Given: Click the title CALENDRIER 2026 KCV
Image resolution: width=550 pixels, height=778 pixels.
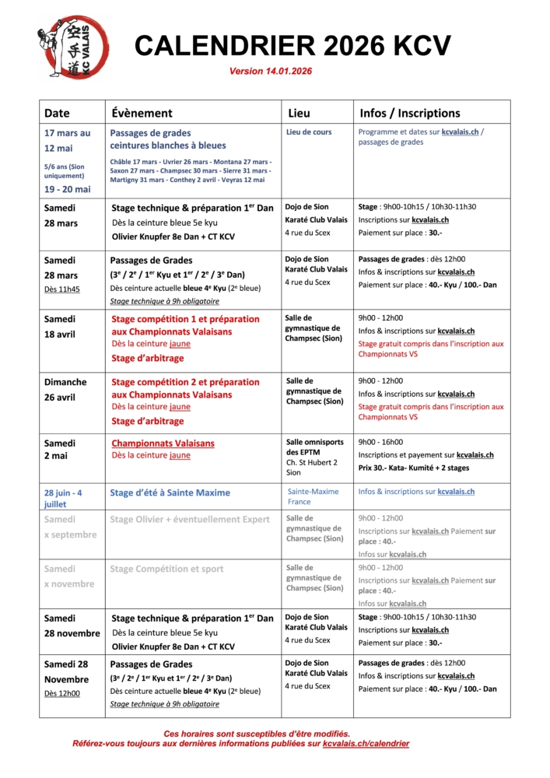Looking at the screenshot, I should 293,46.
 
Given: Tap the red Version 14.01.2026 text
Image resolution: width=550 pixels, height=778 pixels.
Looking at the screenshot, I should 271,72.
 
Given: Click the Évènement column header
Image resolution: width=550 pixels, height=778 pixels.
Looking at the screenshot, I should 142,113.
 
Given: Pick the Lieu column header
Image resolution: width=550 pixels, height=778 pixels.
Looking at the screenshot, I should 299,113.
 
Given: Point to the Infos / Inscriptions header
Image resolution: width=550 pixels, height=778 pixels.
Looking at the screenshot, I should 409,113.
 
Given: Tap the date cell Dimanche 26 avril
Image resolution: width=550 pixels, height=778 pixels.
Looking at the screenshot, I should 65,389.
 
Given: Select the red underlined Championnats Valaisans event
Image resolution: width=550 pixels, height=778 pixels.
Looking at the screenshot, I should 163,443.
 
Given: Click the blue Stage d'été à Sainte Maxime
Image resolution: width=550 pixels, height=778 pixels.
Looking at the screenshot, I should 170,492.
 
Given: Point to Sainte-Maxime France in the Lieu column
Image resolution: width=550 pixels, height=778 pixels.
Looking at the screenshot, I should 313,496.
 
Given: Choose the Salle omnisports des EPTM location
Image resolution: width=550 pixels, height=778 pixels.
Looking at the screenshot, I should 314,447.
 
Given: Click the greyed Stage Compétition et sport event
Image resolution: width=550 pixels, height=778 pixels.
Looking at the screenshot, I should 166,569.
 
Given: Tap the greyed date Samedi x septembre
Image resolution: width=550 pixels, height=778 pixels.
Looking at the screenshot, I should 70,527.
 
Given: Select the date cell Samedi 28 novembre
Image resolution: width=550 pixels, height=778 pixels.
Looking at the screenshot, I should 72,626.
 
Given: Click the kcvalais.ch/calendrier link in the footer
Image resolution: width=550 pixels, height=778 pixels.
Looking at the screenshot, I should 366,744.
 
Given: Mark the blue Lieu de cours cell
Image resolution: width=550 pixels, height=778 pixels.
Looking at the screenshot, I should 309,132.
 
